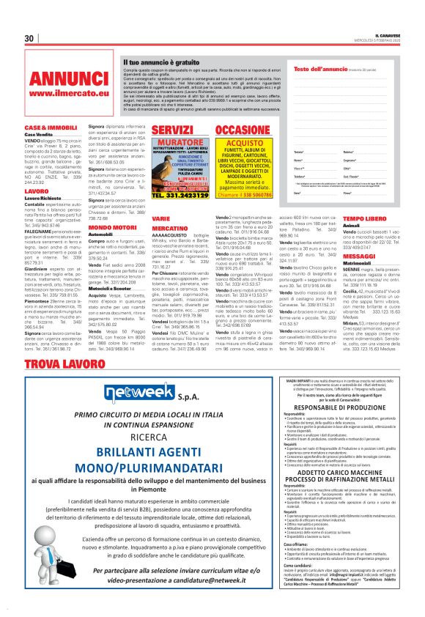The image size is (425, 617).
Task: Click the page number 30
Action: pos(30,38)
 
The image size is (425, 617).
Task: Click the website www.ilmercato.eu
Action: pos(61,94)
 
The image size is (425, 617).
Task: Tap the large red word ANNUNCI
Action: pos(61,78)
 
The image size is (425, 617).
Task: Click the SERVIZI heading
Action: pos(174,130)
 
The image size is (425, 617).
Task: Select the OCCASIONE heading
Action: pos(243,130)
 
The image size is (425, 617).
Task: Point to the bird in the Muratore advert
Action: pos(165,169)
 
